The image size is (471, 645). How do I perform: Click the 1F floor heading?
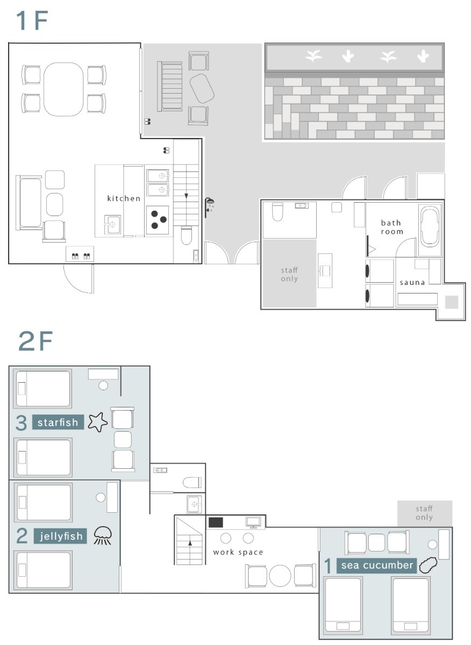point(32,20)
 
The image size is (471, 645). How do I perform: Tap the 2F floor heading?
point(35,341)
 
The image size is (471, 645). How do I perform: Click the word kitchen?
point(124,198)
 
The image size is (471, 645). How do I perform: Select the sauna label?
point(412,283)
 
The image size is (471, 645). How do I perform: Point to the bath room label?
point(392,227)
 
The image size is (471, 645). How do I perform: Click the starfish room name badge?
point(58,422)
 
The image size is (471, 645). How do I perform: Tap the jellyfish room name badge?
point(60,536)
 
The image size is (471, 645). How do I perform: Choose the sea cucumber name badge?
point(376,565)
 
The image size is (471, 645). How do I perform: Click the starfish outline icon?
point(98,422)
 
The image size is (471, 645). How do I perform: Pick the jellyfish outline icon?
point(103,535)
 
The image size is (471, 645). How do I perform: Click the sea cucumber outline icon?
point(428,565)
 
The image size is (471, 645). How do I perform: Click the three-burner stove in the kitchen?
point(158,220)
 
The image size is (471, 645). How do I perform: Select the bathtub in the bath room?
point(430,227)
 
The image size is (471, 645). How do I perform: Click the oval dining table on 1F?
point(63,89)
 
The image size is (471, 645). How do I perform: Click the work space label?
point(238,552)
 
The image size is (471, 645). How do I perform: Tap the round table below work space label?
point(280,576)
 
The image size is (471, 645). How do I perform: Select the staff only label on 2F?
point(424,513)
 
